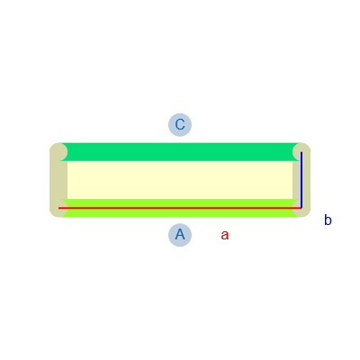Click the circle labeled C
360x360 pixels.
tap(180, 125)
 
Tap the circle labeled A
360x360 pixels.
tap(180, 235)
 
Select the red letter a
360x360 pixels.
tap(225, 235)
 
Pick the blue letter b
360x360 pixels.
tap(328, 220)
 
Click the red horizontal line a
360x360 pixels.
tap(180, 208)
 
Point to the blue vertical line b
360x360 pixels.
tap(301, 180)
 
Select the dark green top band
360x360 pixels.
tap(180, 152)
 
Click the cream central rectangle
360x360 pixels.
tap(180, 180)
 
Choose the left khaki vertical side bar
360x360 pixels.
tap(58, 180)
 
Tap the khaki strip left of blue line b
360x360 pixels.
tap(296, 180)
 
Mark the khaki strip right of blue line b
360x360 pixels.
tap(306, 180)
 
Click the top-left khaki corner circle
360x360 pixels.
tap(58, 152)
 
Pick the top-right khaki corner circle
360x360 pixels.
tap(301, 152)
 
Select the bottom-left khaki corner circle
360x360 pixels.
tap(58, 208)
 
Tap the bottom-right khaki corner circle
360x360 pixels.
tap(301, 208)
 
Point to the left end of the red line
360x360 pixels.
tap(58, 208)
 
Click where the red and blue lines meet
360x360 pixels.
tap(301, 208)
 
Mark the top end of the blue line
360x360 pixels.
tap(301, 152)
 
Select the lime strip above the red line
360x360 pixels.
tap(180, 202)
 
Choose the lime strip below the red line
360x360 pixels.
tap(180, 212)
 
